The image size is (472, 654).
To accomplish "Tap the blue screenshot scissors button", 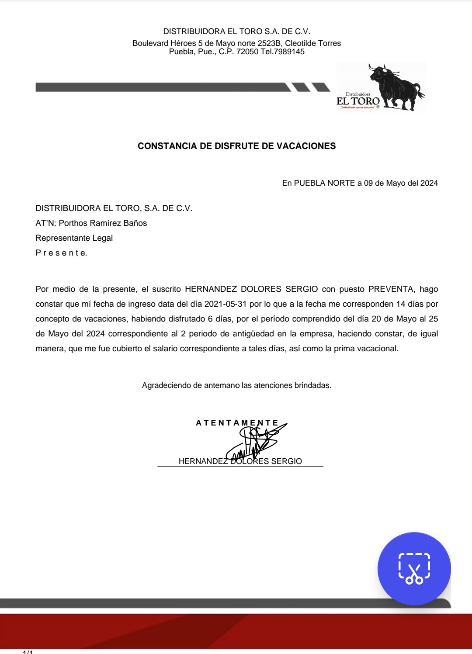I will pos(414,568).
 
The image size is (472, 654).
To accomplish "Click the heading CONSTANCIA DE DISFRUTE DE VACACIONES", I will pos(236,146).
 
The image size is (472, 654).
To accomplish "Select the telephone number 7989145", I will pos(289,52).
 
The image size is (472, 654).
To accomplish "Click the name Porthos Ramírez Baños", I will pos(103,223).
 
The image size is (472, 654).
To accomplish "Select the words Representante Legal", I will pos(74,238).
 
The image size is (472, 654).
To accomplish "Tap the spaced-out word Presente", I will pos(61,253).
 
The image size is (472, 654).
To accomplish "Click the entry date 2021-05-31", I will pos(222,304).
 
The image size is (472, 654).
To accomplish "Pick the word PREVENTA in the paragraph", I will pos(391,289).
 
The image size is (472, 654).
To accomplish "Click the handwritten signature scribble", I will pos(256,441).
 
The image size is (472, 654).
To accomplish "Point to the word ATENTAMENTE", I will pos(237,423).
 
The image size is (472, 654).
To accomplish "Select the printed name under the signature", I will pos(240,462).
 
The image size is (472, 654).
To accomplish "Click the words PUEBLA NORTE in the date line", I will pos(324,183).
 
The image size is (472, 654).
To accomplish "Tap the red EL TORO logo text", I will pos(358,101).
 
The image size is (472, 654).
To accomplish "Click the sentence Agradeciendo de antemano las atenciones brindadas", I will pos(236,386).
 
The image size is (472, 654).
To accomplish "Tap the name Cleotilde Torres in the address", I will pos(313,44).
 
